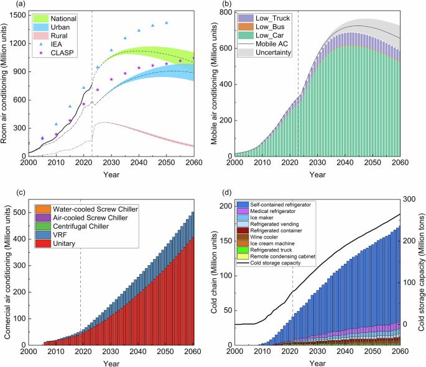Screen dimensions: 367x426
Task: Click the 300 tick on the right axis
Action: (x=407, y=199)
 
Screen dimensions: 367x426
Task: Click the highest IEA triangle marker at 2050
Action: (x=166, y=23)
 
